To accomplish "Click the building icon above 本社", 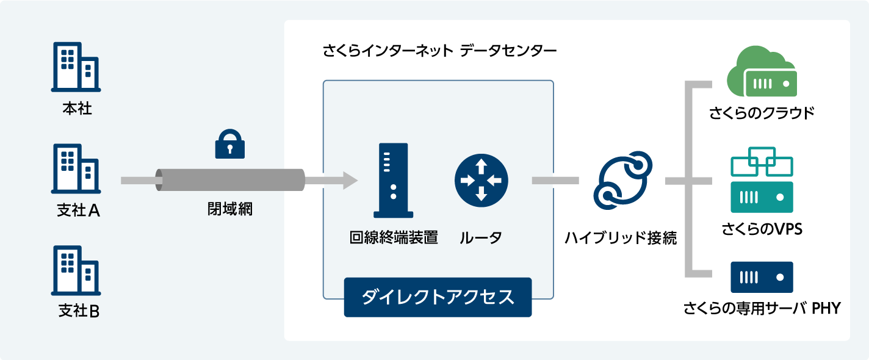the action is (x=76, y=67).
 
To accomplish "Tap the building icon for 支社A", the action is (x=76, y=169).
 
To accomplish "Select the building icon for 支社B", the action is (x=76, y=270).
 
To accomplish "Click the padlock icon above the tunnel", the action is (x=230, y=144).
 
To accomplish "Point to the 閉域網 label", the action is (x=230, y=209).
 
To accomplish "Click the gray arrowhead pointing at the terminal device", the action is (x=350, y=181).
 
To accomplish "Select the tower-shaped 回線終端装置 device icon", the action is (x=394, y=181).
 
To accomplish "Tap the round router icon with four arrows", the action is (x=481, y=181).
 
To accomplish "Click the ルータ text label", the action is (x=481, y=237).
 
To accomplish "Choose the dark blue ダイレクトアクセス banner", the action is (x=438, y=297).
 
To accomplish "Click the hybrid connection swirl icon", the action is (x=622, y=181).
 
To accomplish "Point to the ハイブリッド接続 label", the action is (x=621, y=238).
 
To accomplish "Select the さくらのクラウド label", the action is (x=762, y=113).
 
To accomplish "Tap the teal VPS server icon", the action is (x=762, y=179).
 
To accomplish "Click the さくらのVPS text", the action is (x=762, y=229).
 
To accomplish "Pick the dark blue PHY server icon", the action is (x=762, y=277).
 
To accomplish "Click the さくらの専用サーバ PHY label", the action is (x=762, y=308).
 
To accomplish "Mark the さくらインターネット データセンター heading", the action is (x=439, y=51).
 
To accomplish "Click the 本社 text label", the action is (x=78, y=109).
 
